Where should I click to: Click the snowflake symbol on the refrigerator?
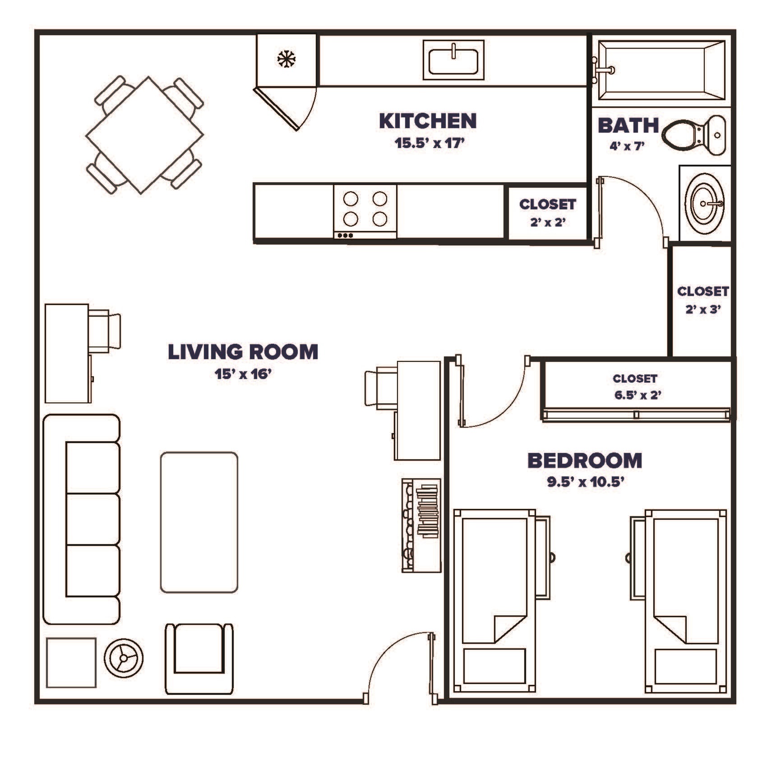286,59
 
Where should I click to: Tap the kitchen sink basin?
453,61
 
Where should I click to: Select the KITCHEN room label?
428,121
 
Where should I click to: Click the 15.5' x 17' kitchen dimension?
429,143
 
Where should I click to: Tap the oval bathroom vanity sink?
704,203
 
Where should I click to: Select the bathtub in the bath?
661,70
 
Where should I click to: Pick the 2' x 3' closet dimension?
703,309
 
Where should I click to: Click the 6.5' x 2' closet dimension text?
638,395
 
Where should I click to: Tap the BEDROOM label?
585,461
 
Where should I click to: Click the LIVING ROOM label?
243,352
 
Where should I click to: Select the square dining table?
145,135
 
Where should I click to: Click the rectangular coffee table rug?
199,522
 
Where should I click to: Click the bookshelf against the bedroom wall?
421,525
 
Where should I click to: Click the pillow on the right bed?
685,666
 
